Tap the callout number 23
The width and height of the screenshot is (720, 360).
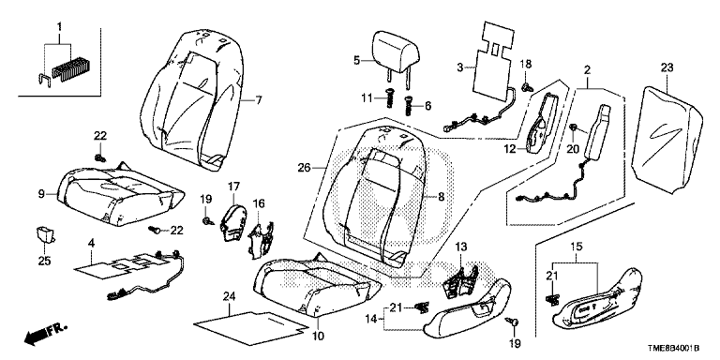tap(667, 67)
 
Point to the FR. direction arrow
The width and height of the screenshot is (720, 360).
tap(45, 334)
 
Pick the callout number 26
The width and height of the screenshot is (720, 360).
tap(304, 168)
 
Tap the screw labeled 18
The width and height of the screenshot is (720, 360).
tap(526, 85)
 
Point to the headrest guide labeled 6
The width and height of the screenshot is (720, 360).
tap(408, 107)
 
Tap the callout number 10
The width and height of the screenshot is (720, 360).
tap(318, 337)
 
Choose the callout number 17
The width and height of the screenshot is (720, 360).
tap(233, 187)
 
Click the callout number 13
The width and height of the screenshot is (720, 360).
tap(461, 247)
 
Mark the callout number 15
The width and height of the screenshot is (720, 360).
tap(576, 247)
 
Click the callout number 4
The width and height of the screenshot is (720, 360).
tap(91, 244)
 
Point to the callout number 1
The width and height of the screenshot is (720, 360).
tap(58, 27)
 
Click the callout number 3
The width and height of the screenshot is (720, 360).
tap(459, 67)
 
